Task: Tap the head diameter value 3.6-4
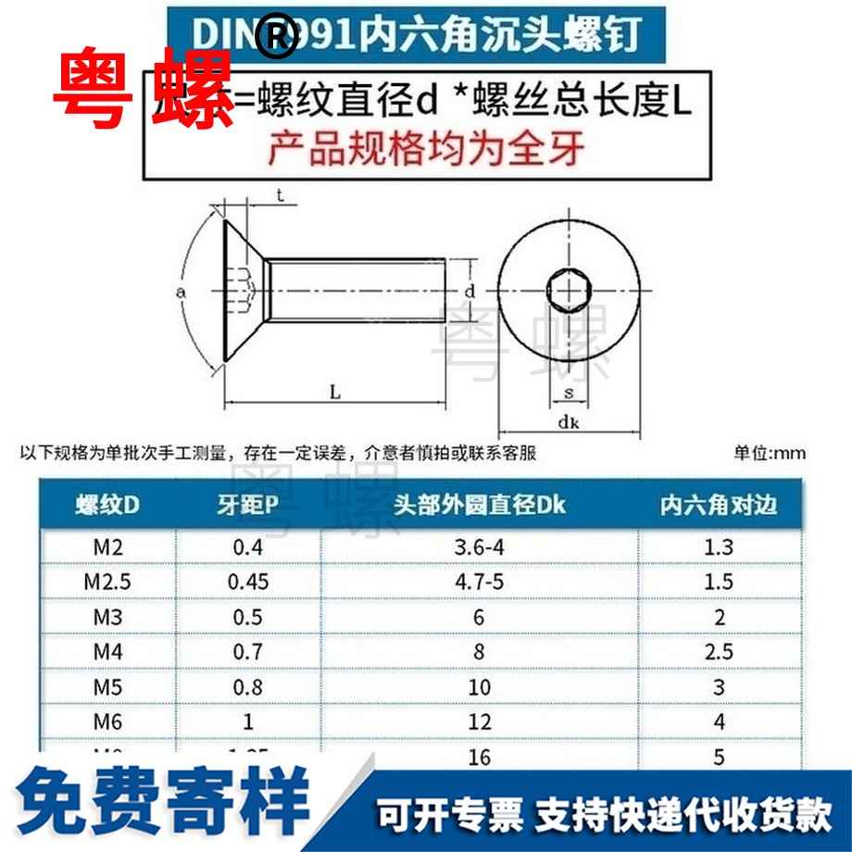click(x=479, y=548)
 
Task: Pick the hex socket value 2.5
click(x=719, y=651)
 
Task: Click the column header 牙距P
click(x=248, y=506)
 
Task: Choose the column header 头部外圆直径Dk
click(x=479, y=506)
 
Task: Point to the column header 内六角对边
click(x=719, y=506)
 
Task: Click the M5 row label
click(x=107, y=686)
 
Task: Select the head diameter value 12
click(x=479, y=720)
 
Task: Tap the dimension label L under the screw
click(x=335, y=392)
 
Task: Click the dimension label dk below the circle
click(x=569, y=425)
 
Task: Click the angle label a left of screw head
click(x=182, y=293)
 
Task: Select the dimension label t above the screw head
click(x=279, y=194)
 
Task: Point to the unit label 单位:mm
click(x=770, y=454)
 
